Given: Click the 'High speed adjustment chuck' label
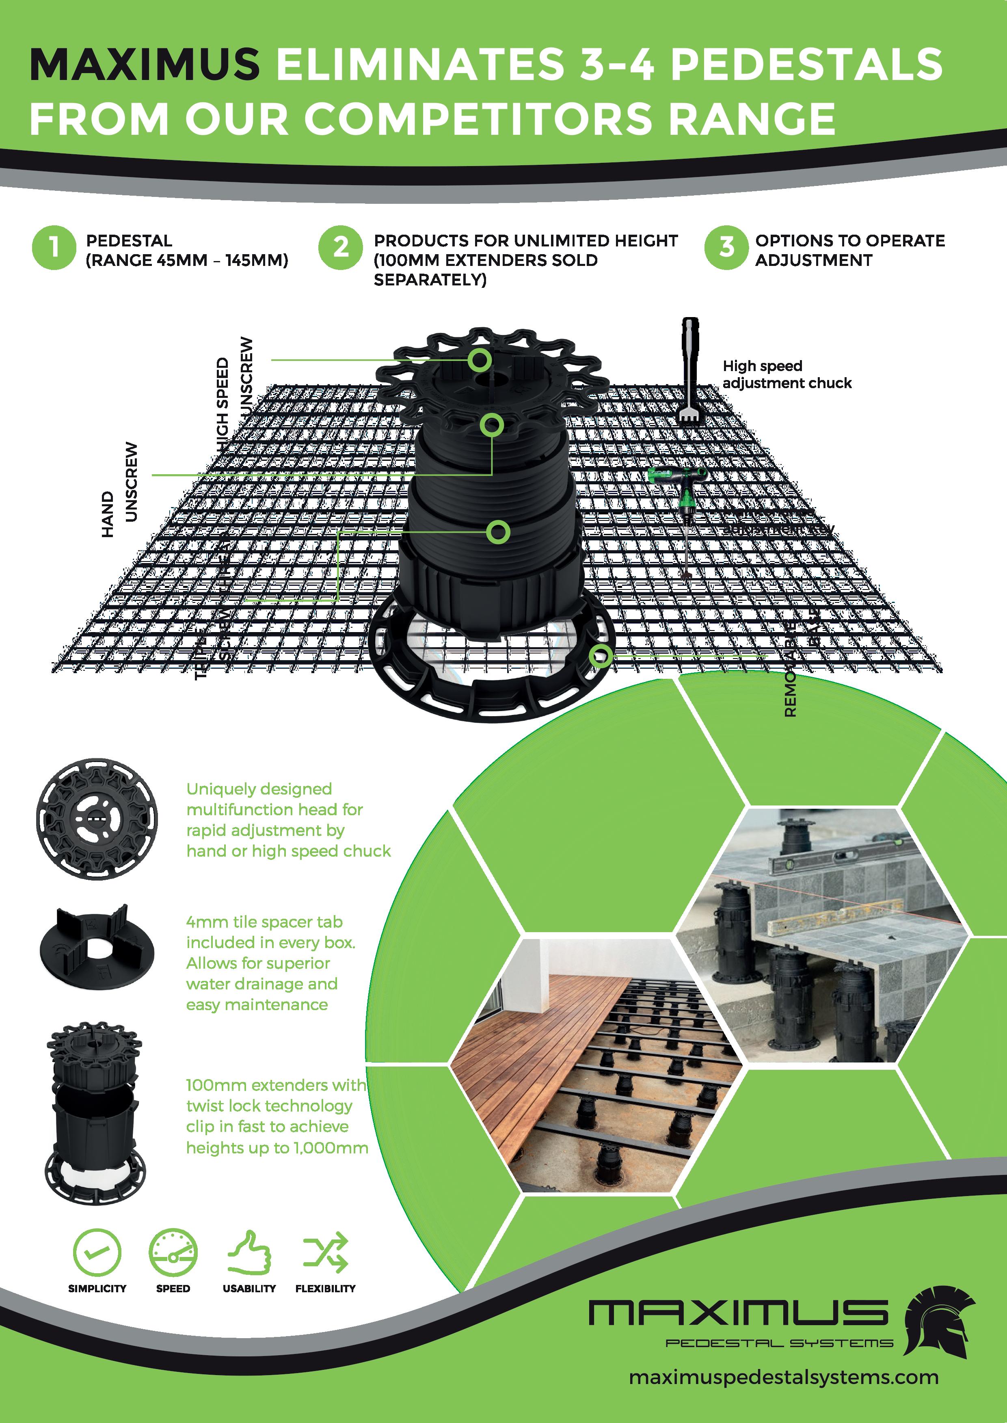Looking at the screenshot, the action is coord(786,374).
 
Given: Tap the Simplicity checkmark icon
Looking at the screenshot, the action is coord(97,1251).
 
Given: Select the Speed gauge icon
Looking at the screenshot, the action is coord(173,1251).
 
